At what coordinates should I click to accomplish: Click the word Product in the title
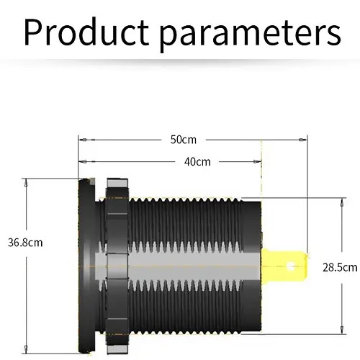86,32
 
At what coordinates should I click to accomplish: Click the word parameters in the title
250,35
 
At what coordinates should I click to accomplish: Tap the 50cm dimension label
184,140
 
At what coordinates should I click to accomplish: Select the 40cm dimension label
197,162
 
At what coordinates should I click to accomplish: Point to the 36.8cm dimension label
25,243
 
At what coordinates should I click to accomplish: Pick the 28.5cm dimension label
340,267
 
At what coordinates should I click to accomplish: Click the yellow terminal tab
284,266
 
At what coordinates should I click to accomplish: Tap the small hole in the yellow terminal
291,266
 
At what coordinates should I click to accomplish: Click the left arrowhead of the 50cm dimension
84,140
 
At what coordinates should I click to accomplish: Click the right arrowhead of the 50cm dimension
302,140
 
